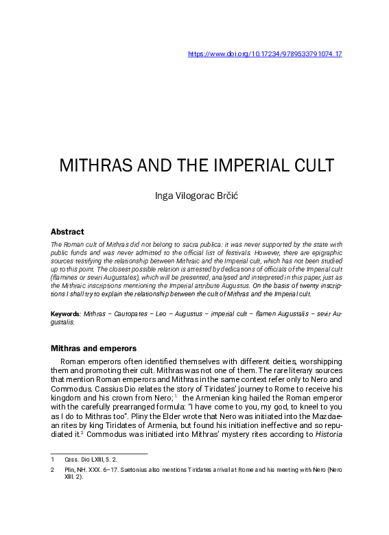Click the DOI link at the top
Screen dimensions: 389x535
click(265, 53)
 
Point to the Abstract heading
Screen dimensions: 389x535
click(67, 232)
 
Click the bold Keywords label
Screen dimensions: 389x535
click(65, 313)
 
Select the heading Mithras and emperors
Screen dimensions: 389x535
click(93, 348)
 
